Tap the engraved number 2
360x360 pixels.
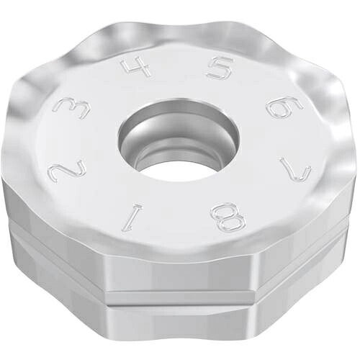point(67,171)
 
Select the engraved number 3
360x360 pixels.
point(71,109)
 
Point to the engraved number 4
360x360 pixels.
point(136,67)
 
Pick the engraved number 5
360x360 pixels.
point(219,68)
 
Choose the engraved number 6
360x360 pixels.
point(285,107)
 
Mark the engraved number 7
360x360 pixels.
point(294,170)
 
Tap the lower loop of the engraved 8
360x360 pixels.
point(231,223)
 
